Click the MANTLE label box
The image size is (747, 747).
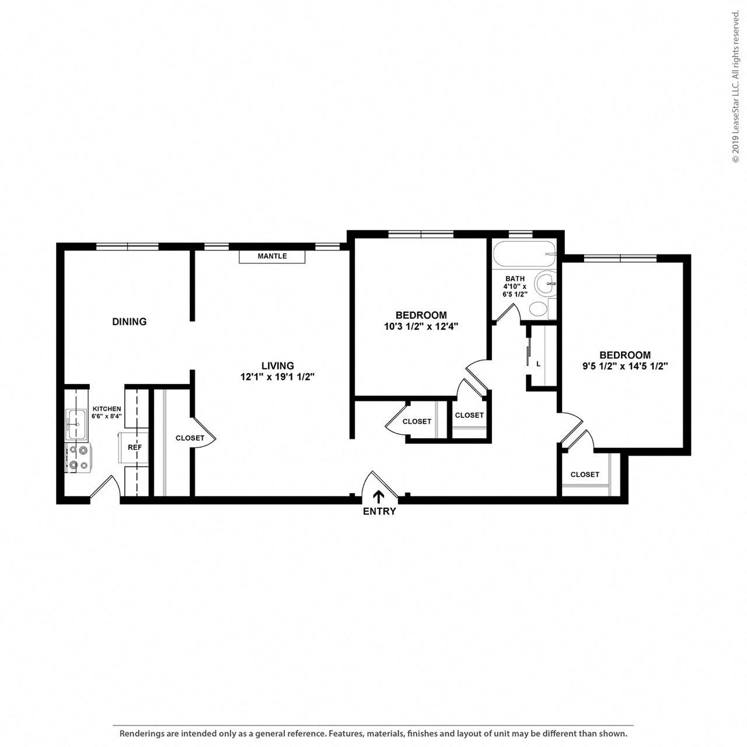coord(272,256)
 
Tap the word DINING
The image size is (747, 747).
coord(129,322)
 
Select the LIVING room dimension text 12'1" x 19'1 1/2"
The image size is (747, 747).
coord(278,377)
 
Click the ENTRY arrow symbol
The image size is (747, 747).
coord(379,497)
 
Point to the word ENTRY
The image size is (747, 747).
coord(379,512)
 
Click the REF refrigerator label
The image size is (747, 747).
coord(135,448)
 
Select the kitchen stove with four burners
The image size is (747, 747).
coord(78,457)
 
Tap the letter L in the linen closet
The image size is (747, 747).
coord(538,364)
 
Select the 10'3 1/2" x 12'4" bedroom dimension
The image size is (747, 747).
coord(421,327)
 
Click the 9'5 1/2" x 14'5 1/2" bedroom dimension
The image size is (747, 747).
coord(625,366)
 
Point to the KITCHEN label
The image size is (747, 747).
coord(107,409)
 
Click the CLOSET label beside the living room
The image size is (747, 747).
coord(190,438)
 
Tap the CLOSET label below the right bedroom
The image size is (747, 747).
coord(585,474)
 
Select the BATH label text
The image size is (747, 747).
coord(515,278)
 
